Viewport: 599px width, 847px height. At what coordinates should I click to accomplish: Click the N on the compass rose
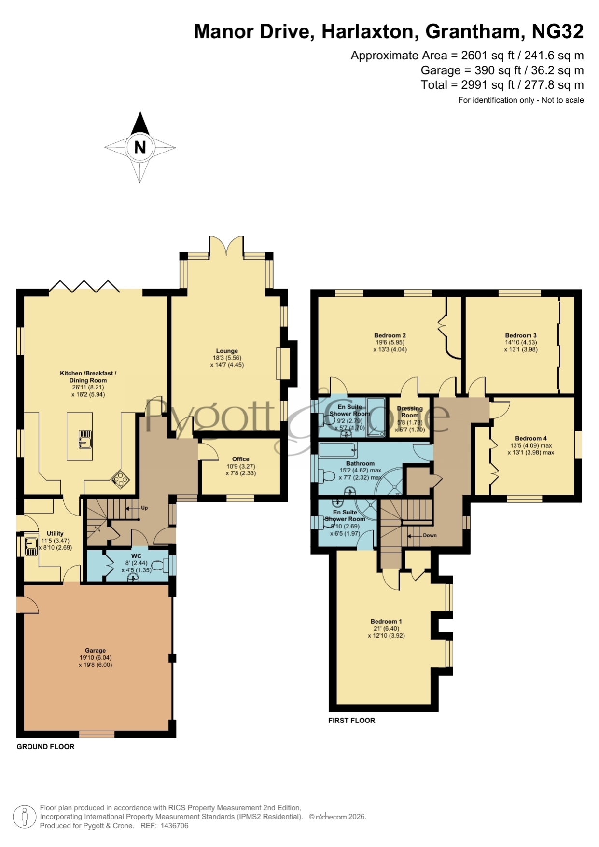coord(140,147)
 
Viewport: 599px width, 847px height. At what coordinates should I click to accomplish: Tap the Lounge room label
coord(227,351)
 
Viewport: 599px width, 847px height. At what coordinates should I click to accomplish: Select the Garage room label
coord(96,650)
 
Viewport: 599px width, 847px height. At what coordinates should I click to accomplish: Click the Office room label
coord(241,459)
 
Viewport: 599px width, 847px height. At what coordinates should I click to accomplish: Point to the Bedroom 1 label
coord(386,621)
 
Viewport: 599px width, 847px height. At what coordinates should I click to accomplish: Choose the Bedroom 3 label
coord(521,335)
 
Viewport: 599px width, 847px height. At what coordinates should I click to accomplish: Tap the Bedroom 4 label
coord(531,438)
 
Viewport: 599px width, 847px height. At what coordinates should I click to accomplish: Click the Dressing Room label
coord(410,412)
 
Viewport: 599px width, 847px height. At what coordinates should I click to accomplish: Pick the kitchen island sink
coord(85,440)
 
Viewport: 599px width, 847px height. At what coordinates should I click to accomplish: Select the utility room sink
coord(31,546)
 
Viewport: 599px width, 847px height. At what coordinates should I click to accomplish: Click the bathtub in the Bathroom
coord(338,450)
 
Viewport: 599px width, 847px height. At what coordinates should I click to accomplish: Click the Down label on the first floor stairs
coord(430,535)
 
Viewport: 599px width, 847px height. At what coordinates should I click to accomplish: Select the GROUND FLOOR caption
coord(45,746)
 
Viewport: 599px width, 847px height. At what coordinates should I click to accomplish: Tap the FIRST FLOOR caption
coord(351,720)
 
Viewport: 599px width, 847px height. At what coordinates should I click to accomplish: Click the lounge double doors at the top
coord(226,246)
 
